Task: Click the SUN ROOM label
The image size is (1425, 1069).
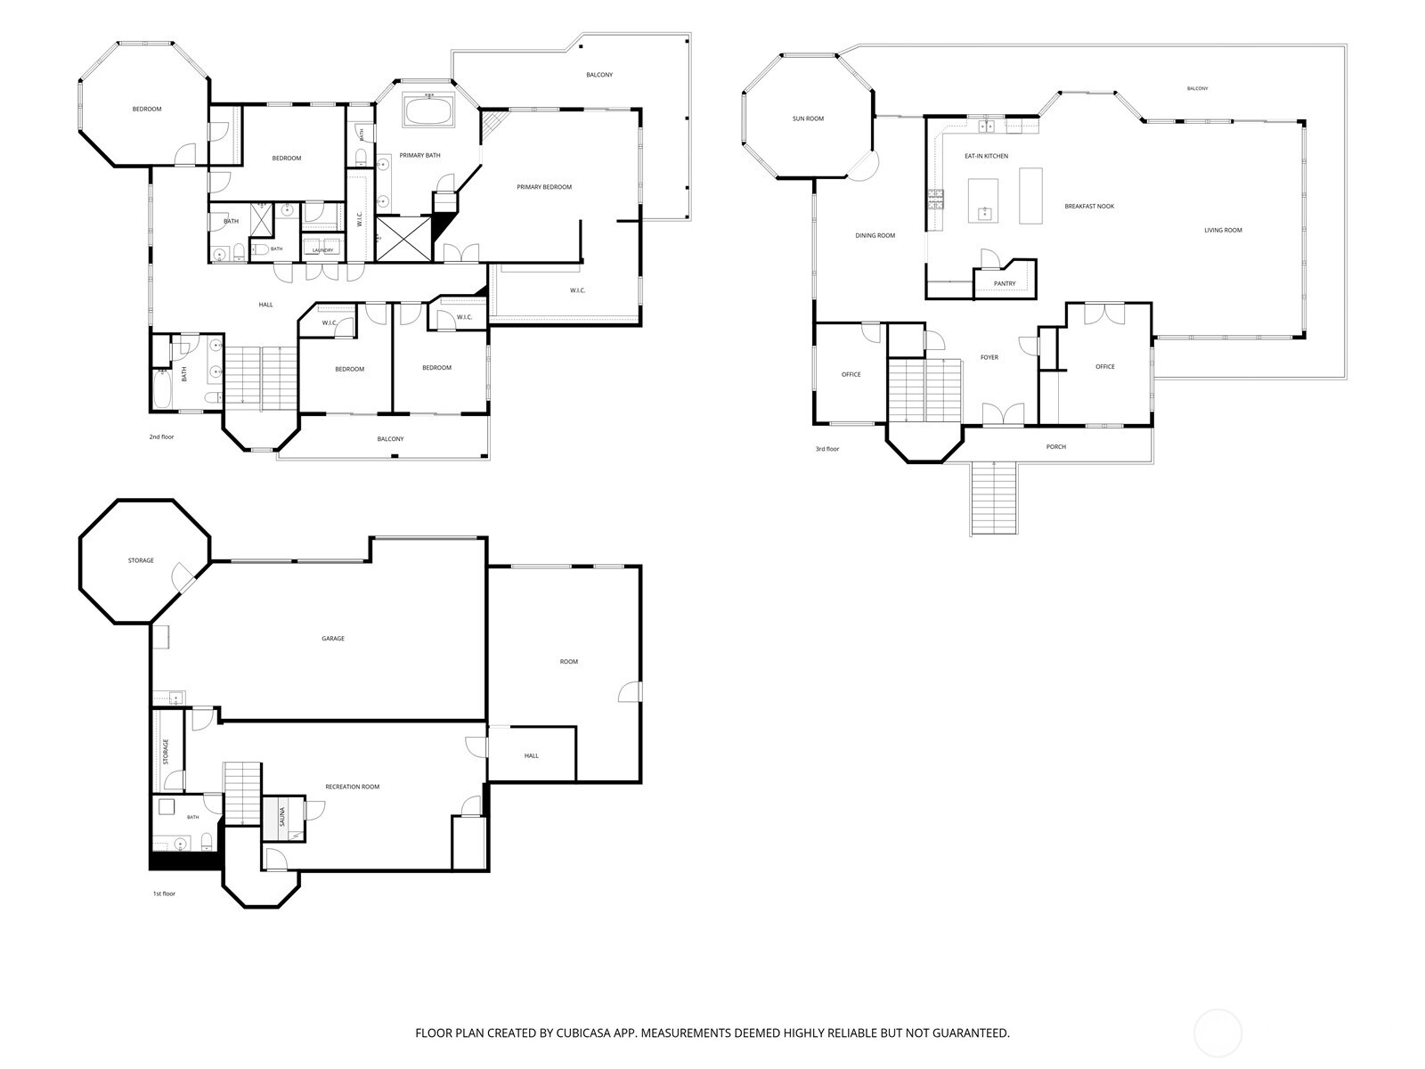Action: (x=808, y=118)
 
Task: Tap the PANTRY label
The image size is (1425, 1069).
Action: (x=1005, y=283)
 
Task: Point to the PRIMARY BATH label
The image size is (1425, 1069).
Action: (x=419, y=155)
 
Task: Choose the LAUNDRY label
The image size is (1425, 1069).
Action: (x=322, y=250)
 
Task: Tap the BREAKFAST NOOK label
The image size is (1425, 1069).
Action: (x=1089, y=207)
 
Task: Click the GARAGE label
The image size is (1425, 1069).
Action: (x=333, y=639)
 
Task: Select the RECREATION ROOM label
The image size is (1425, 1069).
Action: (x=352, y=787)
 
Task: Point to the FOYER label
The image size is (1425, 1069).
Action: (x=989, y=357)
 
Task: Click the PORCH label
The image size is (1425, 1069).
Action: (x=1055, y=446)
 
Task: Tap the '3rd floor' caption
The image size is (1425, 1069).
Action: (x=827, y=448)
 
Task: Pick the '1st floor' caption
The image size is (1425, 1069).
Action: (x=164, y=894)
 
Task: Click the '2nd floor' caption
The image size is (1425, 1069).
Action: (x=162, y=437)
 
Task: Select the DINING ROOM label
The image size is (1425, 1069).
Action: (x=875, y=235)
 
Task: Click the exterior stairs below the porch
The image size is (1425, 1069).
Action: (x=993, y=498)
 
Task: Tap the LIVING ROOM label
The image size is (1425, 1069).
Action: (x=1223, y=230)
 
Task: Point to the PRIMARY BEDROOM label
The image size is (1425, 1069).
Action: (x=544, y=187)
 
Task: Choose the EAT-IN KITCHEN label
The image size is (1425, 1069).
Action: (x=986, y=157)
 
